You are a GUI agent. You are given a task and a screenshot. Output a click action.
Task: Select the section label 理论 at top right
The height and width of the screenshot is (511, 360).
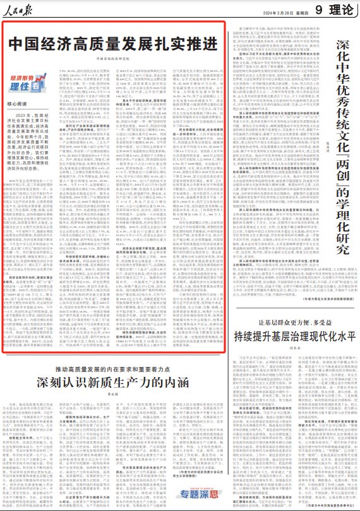point(342,8)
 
